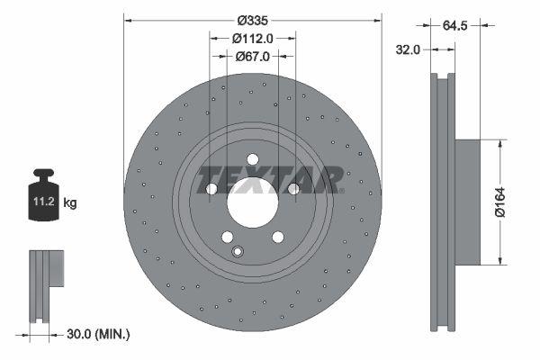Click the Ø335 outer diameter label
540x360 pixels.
point(253,20)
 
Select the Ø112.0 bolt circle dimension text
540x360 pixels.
point(252,38)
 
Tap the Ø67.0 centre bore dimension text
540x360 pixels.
point(252,57)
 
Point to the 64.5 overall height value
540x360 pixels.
point(455,25)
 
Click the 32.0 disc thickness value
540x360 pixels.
point(409,50)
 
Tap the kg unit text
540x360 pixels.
point(70,203)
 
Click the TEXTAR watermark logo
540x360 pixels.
point(270,178)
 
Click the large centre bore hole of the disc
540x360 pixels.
point(252,202)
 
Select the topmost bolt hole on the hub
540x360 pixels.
point(252,159)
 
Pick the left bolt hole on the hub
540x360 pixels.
point(211,189)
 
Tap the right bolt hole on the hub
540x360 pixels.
point(292,188)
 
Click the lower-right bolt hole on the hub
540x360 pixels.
point(277,237)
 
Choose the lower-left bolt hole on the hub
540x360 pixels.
point(227,238)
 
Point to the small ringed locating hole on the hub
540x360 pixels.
point(238,251)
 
